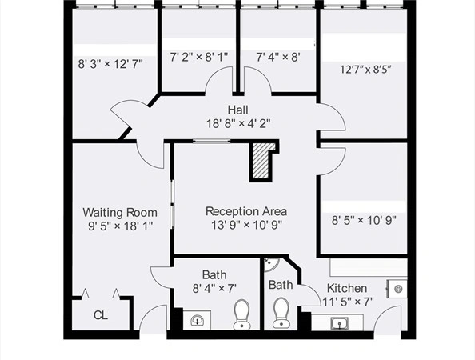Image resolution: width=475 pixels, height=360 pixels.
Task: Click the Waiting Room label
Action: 120,213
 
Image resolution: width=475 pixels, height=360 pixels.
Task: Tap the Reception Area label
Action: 246,211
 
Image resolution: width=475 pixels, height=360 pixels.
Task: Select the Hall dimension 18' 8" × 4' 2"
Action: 238,124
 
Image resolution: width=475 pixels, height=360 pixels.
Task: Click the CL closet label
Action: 101,315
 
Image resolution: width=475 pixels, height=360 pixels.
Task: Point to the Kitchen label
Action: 347,288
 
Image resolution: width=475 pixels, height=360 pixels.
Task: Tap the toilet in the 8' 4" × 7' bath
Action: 241,314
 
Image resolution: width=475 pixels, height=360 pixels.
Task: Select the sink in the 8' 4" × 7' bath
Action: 197,320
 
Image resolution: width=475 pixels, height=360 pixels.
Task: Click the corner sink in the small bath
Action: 269,265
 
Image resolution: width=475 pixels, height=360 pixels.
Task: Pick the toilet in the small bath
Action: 281,313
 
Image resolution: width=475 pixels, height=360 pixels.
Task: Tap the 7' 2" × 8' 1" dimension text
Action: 199,57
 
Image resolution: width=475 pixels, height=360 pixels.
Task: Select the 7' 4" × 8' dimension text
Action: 278,57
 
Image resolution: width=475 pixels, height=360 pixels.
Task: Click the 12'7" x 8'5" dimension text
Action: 365,70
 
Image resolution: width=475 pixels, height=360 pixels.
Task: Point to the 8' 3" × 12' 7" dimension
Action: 110,64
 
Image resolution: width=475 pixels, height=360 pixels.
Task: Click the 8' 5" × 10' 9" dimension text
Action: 364,220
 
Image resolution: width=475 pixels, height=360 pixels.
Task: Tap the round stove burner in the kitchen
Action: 397,289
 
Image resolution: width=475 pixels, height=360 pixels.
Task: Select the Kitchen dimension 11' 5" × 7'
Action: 347,302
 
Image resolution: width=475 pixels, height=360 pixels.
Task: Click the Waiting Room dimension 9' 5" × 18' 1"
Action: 120,226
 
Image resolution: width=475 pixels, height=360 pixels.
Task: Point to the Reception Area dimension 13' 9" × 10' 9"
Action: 246,225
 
